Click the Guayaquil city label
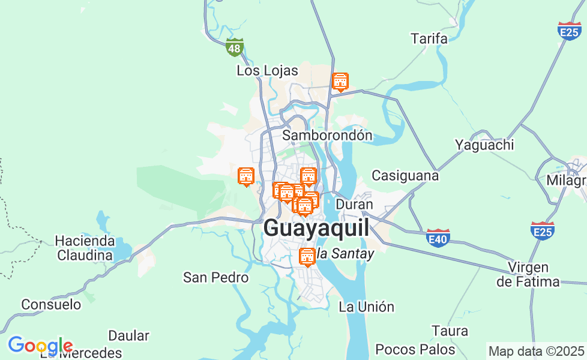point(316,229)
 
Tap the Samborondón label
point(327,135)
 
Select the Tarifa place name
point(429,39)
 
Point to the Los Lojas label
point(267,71)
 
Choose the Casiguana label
point(405,176)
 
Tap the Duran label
point(354,204)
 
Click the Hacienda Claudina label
point(85,248)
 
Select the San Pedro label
point(215,277)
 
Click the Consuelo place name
point(51,304)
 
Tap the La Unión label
point(367,307)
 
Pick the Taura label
point(450,331)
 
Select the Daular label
point(128,335)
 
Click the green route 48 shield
point(235,47)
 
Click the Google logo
point(40,346)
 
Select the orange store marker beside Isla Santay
point(307,257)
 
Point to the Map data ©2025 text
point(536,351)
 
